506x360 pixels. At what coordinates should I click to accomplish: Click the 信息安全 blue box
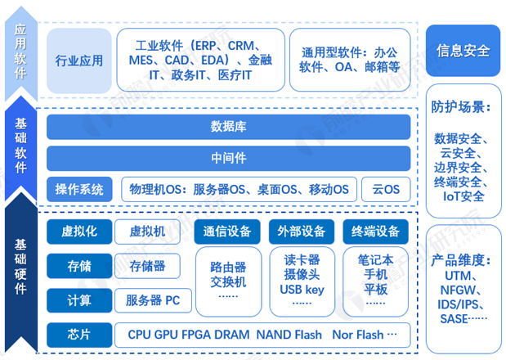[x=463, y=51]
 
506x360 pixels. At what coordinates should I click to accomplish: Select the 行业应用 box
[x=79, y=61]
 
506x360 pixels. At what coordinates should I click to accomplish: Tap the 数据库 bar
[x=228, y=127]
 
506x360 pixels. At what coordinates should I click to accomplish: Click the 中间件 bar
[x=228, y=158]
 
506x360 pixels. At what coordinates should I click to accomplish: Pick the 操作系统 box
[x=79, y=189]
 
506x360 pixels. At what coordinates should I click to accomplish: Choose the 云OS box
[x=386, y=189]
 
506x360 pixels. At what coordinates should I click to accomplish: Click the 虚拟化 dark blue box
[x=79, y=232]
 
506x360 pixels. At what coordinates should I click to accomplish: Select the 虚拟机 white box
[x=147, y=232]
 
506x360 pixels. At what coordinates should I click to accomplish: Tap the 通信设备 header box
[x=227, y=232]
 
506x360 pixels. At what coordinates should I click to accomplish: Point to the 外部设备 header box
[x=302, y=232]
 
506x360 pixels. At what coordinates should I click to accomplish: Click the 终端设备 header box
[x=375, y=232]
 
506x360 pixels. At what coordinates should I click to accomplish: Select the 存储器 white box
[x=147, y=266]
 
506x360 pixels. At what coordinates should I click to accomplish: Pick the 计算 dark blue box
[x=79, y=300]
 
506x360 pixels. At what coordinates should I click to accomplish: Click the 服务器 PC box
[x=153, y=300]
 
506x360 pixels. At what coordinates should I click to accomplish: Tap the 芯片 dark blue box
[x=79, y=335]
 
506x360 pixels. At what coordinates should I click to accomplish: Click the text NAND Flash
[x=289, y=335]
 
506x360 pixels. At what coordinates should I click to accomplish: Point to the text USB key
[x=302, y=290]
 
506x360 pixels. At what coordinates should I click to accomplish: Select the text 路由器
[x=228, y=267]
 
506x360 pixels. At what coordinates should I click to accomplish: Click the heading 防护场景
[x=460, y=107]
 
